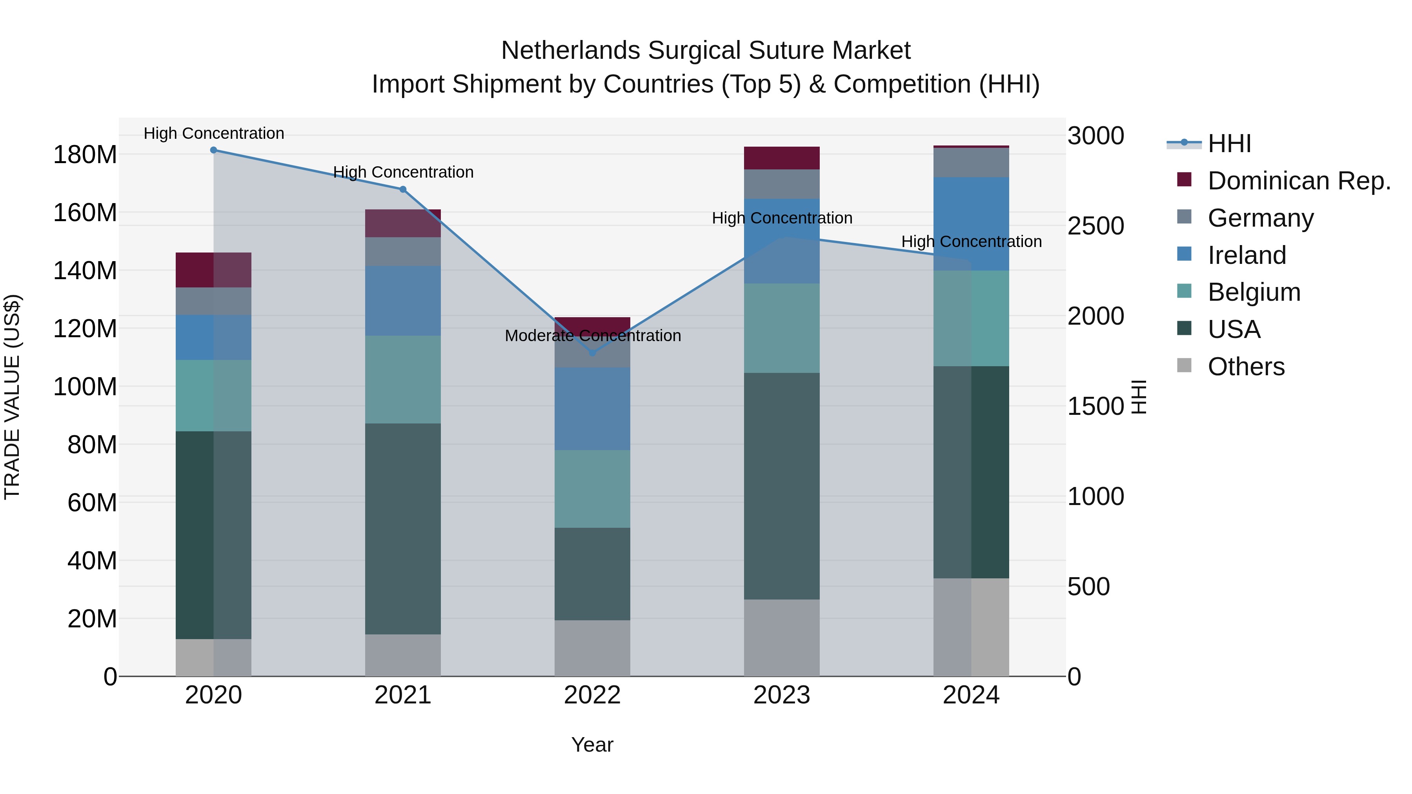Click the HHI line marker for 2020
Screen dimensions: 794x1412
tap(214, 150)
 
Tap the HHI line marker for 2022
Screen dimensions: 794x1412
tap(592, 353)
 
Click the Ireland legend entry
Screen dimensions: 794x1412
tap(1246, 255)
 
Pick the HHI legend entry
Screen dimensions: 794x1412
tap(1229, 144)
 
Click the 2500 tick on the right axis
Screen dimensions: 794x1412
tap(1095, 226)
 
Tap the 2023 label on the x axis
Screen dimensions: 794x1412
tap(782, 695)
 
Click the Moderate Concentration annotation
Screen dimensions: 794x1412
tap(593, 335)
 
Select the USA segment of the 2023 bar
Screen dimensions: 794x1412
tap(782, 486)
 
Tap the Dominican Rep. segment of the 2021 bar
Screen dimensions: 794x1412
tap(403, 223)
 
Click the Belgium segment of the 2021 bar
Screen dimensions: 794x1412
tap(403, 380)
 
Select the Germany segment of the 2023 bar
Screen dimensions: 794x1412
tap(782, 184)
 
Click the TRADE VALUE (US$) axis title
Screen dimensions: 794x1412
tap(12, 397)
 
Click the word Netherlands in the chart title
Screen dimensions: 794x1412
tap(572, 51)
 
